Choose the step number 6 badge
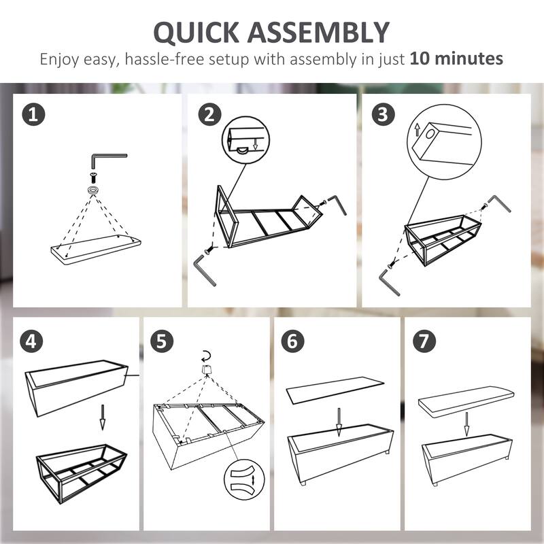[x=292, y=341]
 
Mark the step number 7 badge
[x=423, y=341]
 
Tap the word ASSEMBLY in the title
[x=326, y=32]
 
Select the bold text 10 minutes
[x=456, y=59]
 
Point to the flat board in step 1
[x=96, y=248]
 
